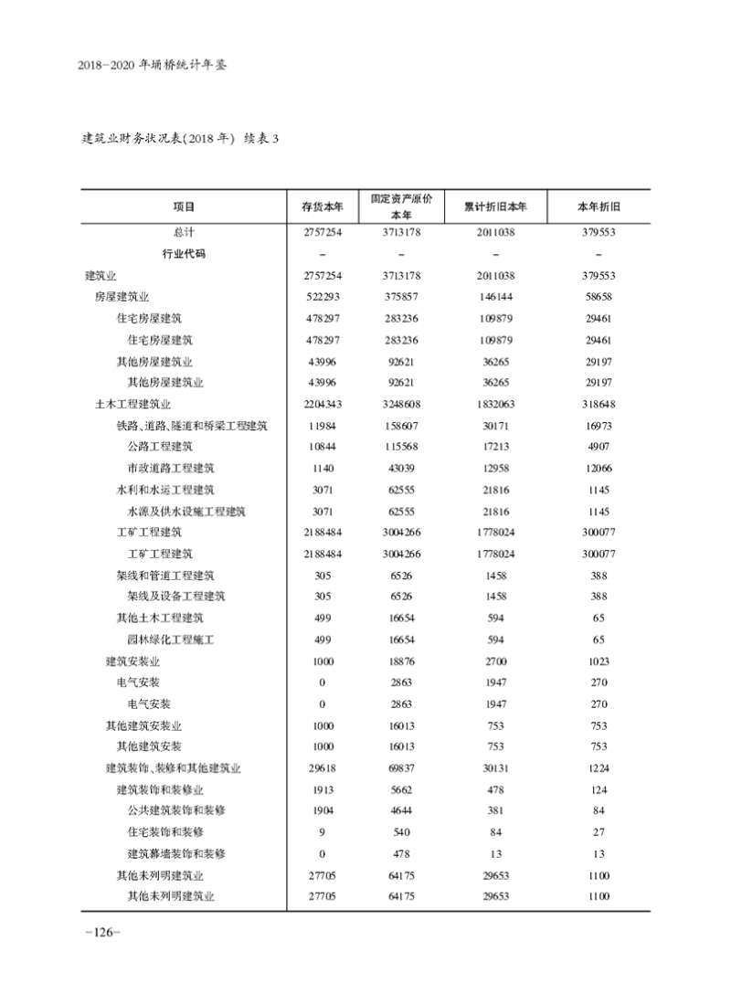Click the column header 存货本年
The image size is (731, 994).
[322, 206]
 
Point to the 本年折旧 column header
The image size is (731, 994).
[599, 206]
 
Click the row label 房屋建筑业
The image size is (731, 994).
[122, 297]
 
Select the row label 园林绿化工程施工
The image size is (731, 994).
[171, 640]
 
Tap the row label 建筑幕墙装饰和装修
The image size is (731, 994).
[176, 854]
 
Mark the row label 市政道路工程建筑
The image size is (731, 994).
[171, 468]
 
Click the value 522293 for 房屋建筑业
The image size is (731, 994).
[322, 297]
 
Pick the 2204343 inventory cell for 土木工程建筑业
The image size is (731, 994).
[322, 404]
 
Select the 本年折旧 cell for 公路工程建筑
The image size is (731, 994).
[599, 447]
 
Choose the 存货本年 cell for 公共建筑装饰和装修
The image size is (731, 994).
[322, 811]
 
